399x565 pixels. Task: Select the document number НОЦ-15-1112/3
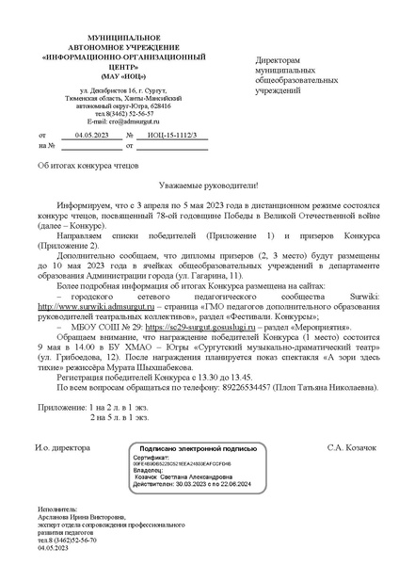point(171,136)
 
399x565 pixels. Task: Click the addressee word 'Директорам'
point(283,60)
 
